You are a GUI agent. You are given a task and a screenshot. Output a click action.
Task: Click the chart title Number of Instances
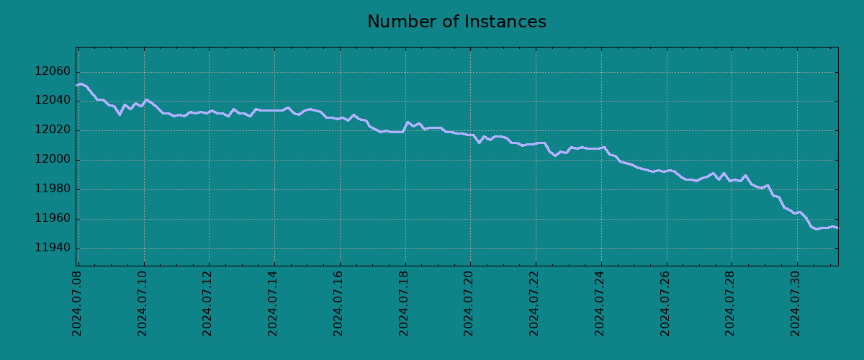[456, 22]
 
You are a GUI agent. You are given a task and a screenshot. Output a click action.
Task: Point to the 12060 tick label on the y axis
[53, 72]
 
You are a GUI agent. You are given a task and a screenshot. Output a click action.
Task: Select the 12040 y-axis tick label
[53, 101]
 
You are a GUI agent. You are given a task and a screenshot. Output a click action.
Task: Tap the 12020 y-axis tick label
[53, 130]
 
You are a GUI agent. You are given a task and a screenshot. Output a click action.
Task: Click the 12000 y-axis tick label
[53, 160]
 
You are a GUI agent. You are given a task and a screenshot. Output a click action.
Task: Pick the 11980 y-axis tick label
[53, 189]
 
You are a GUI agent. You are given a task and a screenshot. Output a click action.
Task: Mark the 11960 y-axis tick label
[53, 219]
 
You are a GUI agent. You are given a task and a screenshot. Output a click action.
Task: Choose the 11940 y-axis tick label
[53, 248]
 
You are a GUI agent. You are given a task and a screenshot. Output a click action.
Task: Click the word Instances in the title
[509, 22]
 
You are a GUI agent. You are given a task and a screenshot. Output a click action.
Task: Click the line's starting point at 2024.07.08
[77, 85]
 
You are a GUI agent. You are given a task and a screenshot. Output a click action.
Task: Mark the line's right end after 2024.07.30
[837, 228]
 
